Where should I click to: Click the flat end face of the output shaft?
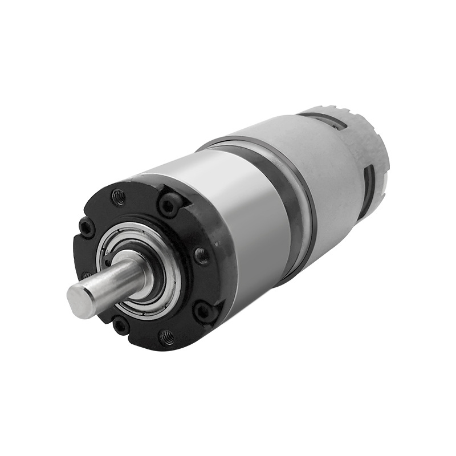[x=80, y=302]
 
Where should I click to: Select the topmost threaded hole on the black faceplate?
[x=119, y=197]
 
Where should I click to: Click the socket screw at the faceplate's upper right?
[x=169, y=205]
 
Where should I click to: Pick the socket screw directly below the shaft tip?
[x=120, y=325]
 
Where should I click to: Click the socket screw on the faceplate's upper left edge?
[x=87, y=228]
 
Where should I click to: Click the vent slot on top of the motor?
[x=322, y=121]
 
